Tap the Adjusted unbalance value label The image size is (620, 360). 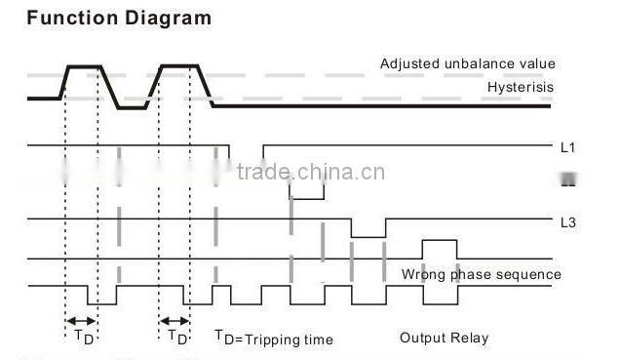pyautogui.click(x=467, y=64)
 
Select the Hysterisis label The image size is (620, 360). pyautogui.click(x=521, y=87)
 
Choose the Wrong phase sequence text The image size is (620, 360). pyautogui.click(x=481, y=274)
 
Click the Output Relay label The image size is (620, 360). pyautogui.click(x=444, y=339)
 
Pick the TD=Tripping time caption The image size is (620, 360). pyautogui.click(x=274, y=339)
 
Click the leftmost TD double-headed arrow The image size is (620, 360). pyautogui.click(x=81, y=320)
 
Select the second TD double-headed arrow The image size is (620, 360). pyautogui.click(x=174, y=320)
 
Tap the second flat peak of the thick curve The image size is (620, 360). pyautogui.click(x=178, y=66)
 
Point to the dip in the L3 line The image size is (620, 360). pyautogui.click(x=368, y=235)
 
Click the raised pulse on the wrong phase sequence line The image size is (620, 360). pyautogui.click(x=438, y=241)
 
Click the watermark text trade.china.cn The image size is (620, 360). pyautogui.click(x=311, y=173)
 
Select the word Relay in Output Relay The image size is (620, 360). pyautogui.click(x=469, y=339)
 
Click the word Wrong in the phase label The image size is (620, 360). pyautogui.click(x=421, y=274)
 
